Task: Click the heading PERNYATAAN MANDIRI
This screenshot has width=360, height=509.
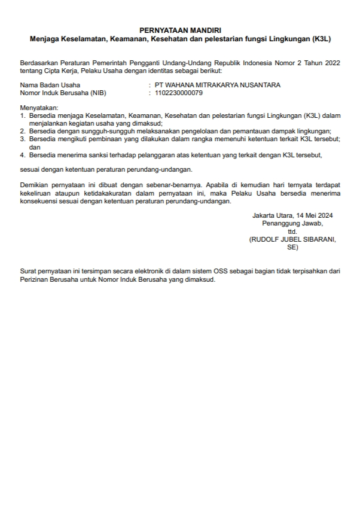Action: point(179,29)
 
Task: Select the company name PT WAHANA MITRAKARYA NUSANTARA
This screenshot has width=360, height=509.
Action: point(218,85)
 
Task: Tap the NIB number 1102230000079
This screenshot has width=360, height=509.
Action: point(179,93)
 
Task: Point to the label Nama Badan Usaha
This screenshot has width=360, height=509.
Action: point(50,85)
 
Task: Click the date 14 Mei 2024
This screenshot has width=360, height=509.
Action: point(314,215)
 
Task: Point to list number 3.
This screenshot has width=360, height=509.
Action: point(23,138)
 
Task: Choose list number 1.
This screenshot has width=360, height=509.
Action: point(23,115)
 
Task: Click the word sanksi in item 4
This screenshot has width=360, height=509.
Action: point(102,154)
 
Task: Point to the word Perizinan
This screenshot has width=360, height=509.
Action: point(35,279)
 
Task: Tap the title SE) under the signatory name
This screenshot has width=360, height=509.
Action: point(292,246)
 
